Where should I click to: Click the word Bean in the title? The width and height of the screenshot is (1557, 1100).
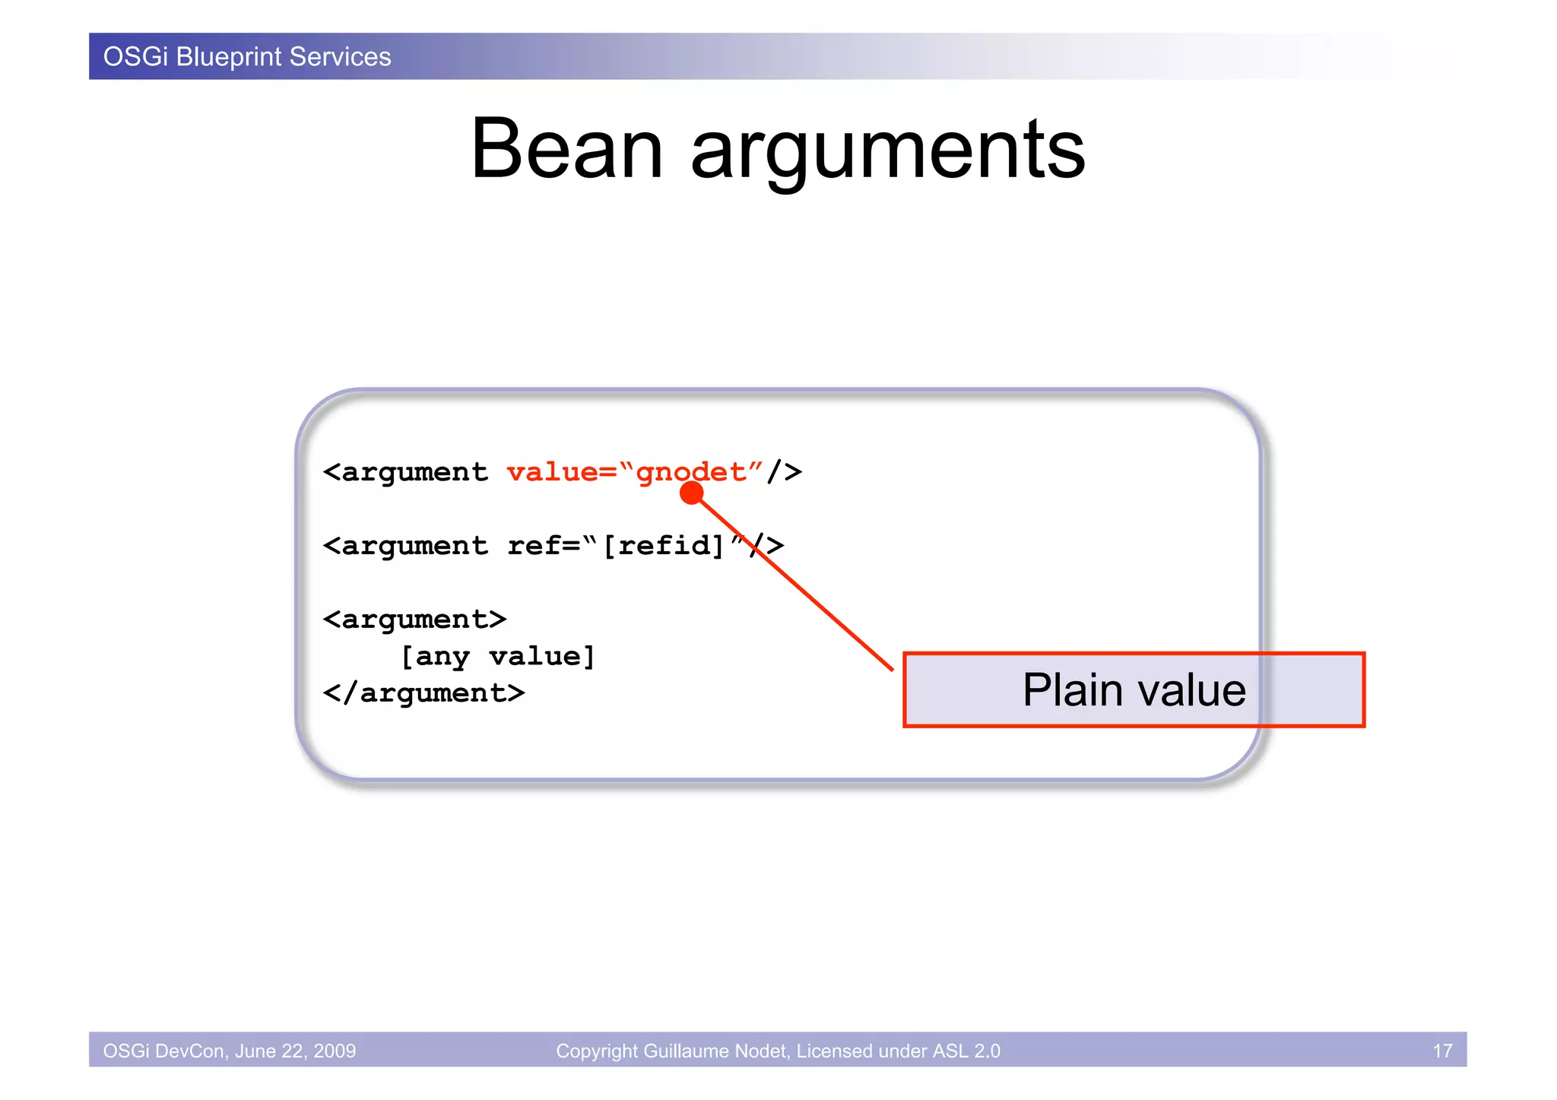566,149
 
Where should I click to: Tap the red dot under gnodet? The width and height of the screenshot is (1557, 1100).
691,493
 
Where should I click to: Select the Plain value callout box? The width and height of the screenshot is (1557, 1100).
1133,690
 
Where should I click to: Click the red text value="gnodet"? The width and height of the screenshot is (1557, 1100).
634,472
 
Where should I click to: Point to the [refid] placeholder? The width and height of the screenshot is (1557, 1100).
664,545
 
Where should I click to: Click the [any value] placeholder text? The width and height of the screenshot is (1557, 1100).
498,656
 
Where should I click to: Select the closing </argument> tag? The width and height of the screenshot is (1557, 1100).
423,693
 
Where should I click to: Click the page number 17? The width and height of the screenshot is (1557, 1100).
1442,1051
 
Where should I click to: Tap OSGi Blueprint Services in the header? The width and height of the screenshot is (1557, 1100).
247,57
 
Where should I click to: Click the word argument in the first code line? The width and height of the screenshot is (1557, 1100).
414,472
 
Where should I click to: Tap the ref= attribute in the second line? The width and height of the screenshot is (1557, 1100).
544,545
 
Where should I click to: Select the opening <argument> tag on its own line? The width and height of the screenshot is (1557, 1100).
414,619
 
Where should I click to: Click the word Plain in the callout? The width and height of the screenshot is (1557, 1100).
1072,690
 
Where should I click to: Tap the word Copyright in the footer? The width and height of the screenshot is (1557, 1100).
597,1051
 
